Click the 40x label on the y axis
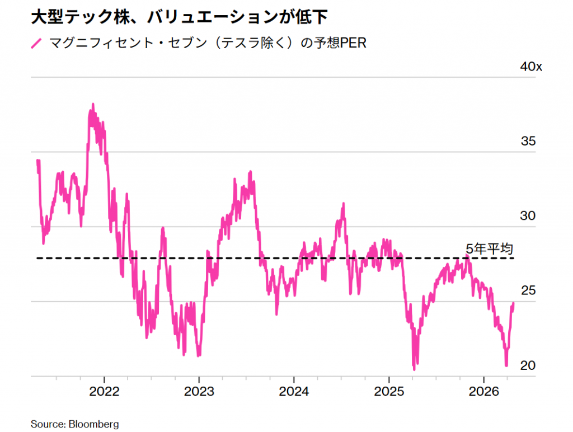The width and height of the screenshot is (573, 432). click(x=530, y=67)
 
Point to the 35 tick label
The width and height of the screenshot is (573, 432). click(x=528, y=141)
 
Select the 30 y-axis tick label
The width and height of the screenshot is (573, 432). click(x=528, y=216)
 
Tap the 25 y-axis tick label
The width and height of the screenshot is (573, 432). click(x=528, y=290)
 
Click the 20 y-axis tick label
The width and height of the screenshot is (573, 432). click(x=528, y=365)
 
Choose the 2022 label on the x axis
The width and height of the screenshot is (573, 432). click(x=105, y=391)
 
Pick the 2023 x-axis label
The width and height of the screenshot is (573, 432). click(x=199, y=391)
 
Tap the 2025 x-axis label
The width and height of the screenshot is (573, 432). click(x=389, y=391)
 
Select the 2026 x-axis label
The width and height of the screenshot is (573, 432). click(x=485, y=391)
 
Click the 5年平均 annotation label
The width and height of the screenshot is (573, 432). click(x=489, y=248)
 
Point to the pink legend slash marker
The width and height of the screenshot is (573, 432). click(x=36, y=44)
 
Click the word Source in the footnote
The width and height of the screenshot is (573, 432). click(x=48, y=424)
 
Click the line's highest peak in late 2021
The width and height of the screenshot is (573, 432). click(x=92, y=104)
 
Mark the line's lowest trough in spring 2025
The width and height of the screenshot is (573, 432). click(x=414, y=369)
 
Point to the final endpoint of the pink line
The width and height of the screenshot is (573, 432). click(x=513, y=303)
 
